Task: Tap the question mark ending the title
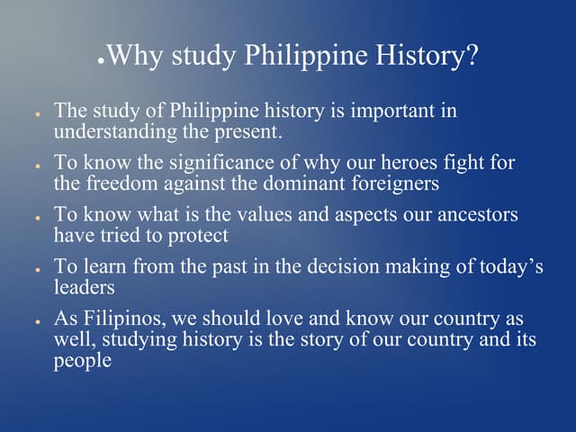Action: (469, 56)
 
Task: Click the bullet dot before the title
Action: (102, 64)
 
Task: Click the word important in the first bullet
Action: (394, 112)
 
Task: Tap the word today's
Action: (507, 267)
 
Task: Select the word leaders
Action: (82, 287)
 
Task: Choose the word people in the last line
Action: (84, 361)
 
